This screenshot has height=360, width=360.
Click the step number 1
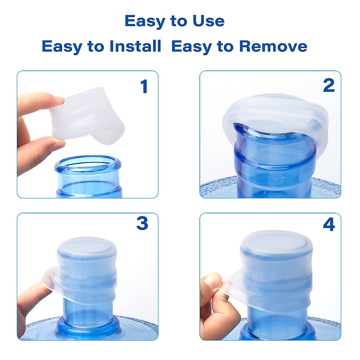[144, 87]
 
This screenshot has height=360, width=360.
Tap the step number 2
[329, 86]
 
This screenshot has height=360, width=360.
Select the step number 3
[142, 223]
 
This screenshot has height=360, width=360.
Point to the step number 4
[329, 224]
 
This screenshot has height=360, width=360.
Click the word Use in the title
[208, 21]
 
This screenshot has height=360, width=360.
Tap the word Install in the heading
[135, 46]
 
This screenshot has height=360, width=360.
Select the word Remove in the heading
[273, 46]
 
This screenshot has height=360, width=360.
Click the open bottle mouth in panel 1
[88, 163]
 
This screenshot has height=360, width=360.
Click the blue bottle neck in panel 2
[274, 162]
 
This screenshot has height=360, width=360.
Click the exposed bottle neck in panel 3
[88, 312]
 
